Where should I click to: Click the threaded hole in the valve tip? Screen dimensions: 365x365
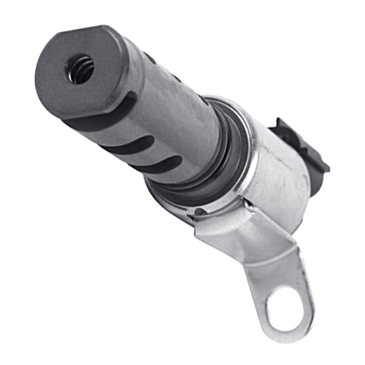click(x=81, y=69)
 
